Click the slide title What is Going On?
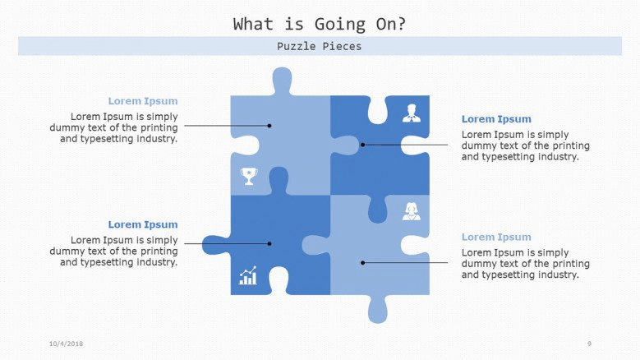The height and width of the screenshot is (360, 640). pyautogui.click(x=320, y=24)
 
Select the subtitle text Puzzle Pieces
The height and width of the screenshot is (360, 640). pyautogui.click(x=320, y=46)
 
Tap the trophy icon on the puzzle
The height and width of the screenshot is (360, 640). pyautogui.click(x=249, y=177)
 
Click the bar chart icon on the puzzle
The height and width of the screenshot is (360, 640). pyautogui.click(x=248, y=275)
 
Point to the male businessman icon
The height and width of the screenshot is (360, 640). pyautogui.click(x=412, y=113)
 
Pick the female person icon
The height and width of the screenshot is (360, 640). pyautogui.click(x=411, y=211)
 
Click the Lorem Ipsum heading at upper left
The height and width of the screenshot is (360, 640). pyautogui.click(x=143, y=101)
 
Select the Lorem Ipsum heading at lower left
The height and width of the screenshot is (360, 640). pyautogui.click(x=143, y=224)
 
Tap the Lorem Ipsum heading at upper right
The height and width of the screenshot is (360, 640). pyautogui.click(x=496, y=119)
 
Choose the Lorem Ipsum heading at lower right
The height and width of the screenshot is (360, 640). pyautogui.click(x=496, y=238)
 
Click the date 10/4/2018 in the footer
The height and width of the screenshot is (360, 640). pyautogui.click(x=66, y=344)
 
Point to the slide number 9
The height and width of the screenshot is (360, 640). pyautogui.click(x=589, y=344)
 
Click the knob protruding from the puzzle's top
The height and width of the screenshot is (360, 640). pyautogui.click(x=282, y=80)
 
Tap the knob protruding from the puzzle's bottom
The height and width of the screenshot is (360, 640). pyautogui.click(x=378, y=309)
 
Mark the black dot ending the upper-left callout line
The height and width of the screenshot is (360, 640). pyautogui.click(x=269, y=126)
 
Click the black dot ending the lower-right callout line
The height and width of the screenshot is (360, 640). pyautogui.click(x=363, y=263)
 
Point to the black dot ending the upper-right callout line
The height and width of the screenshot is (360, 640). pyautogui.click(x=363, y=145)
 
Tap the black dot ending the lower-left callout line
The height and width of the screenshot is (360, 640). pyautogui.click(x=269, y=243)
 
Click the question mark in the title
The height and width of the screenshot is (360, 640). pyautogui.click(x=402, y=24)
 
